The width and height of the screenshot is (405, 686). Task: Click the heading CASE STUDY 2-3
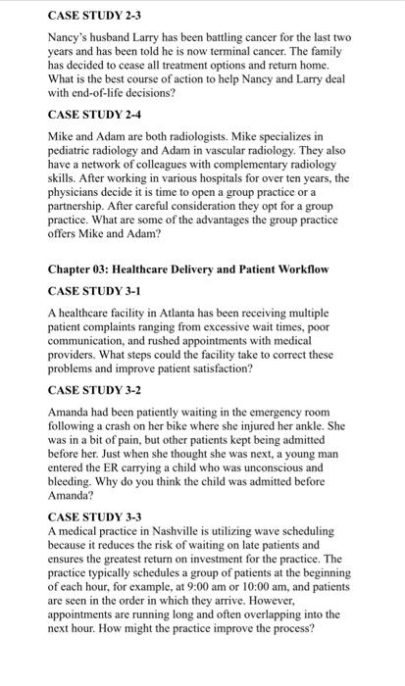[95, 16]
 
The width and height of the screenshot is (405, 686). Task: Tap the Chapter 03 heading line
[201, 269]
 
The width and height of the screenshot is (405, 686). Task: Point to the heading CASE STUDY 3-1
[95, 290]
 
